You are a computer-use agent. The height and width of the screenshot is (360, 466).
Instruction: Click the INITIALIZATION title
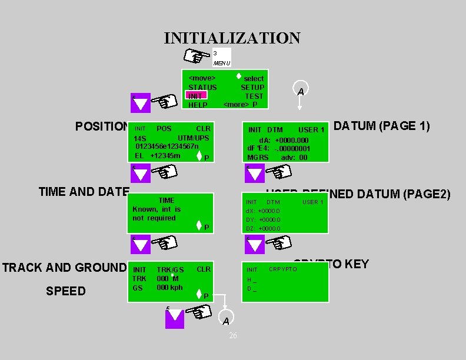coord(232,38)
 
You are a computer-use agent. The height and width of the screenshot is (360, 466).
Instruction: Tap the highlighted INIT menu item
coord(195,96)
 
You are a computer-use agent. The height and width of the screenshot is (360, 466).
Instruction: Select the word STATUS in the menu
coord(202,87)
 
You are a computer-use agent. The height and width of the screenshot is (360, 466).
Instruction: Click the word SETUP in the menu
coord(252,87)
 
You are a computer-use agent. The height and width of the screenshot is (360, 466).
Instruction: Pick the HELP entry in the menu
coord(198,105)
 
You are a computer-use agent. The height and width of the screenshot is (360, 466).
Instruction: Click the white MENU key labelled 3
coord(221,58)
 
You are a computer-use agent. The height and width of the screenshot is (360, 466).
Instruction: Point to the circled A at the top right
coord(300,91)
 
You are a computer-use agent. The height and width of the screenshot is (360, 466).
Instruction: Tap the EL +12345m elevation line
coord(157,155)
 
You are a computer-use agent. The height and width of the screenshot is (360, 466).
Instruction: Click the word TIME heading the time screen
coord(167,201)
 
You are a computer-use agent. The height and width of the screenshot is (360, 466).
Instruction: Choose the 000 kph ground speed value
coord(169,288)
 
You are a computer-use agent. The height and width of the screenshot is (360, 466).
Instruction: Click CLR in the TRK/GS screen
coord(204,269)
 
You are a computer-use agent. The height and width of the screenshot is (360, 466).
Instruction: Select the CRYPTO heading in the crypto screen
coord(283,269)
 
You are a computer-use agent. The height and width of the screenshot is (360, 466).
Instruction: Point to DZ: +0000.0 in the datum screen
coord(263,228)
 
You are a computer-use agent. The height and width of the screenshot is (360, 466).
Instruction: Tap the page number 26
coord(233,335)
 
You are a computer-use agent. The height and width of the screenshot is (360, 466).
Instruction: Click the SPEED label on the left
coord(65,291)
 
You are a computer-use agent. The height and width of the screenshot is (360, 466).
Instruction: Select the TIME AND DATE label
coord(84,191)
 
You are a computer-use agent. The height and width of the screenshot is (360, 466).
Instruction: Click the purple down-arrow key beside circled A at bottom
coord(175,318)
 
